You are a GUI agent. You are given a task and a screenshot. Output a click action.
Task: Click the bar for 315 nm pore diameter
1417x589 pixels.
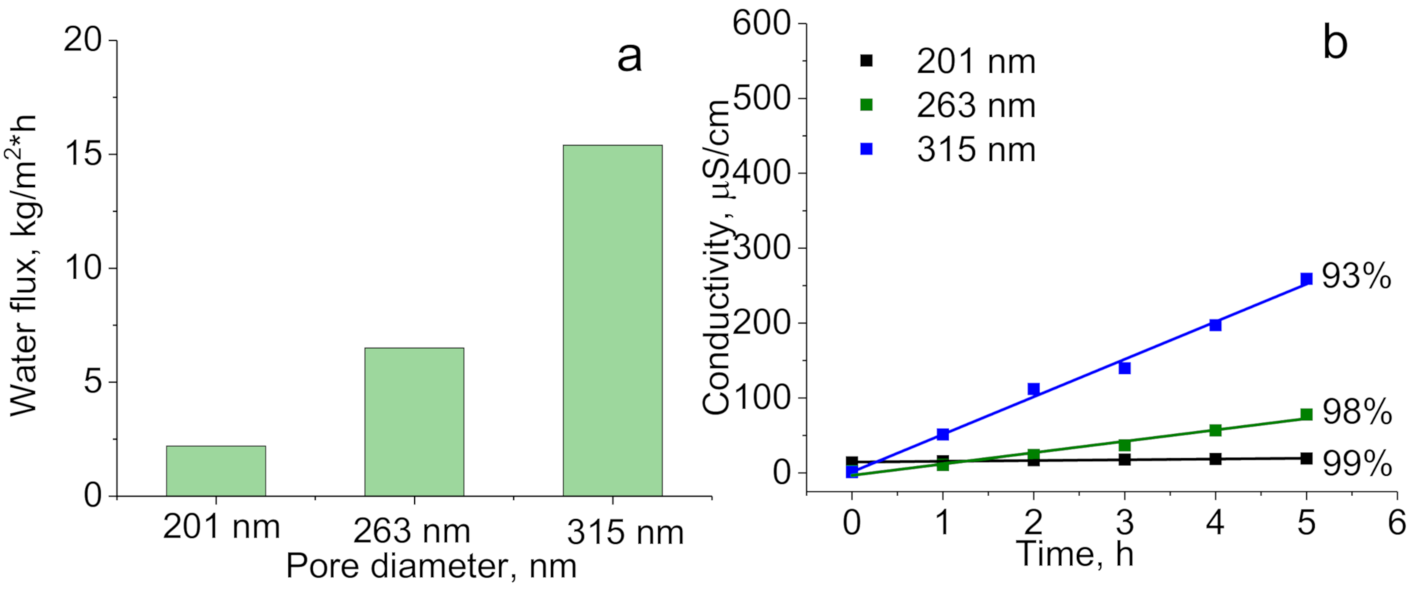612,320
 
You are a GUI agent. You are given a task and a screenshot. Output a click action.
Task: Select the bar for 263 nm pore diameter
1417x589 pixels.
414,422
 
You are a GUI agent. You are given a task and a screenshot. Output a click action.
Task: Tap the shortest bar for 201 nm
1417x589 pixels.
215,470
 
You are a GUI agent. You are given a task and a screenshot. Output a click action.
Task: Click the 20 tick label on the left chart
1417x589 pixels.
84,40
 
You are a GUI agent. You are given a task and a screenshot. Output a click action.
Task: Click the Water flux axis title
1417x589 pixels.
25,266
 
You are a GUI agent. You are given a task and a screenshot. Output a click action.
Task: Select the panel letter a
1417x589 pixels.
630,57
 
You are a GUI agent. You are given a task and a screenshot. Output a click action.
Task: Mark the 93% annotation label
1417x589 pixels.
1356,277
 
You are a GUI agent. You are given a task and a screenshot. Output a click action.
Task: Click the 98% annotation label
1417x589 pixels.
1356,412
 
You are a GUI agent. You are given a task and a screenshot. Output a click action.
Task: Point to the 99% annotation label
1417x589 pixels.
1356,463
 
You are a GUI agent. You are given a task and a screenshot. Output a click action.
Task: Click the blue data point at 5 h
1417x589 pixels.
1306,279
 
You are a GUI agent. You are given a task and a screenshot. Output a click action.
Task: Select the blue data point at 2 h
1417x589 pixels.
1033,390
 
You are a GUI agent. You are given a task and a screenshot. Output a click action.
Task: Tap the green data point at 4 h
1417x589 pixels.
1215,430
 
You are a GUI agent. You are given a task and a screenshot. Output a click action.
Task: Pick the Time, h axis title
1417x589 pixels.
1075,554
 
